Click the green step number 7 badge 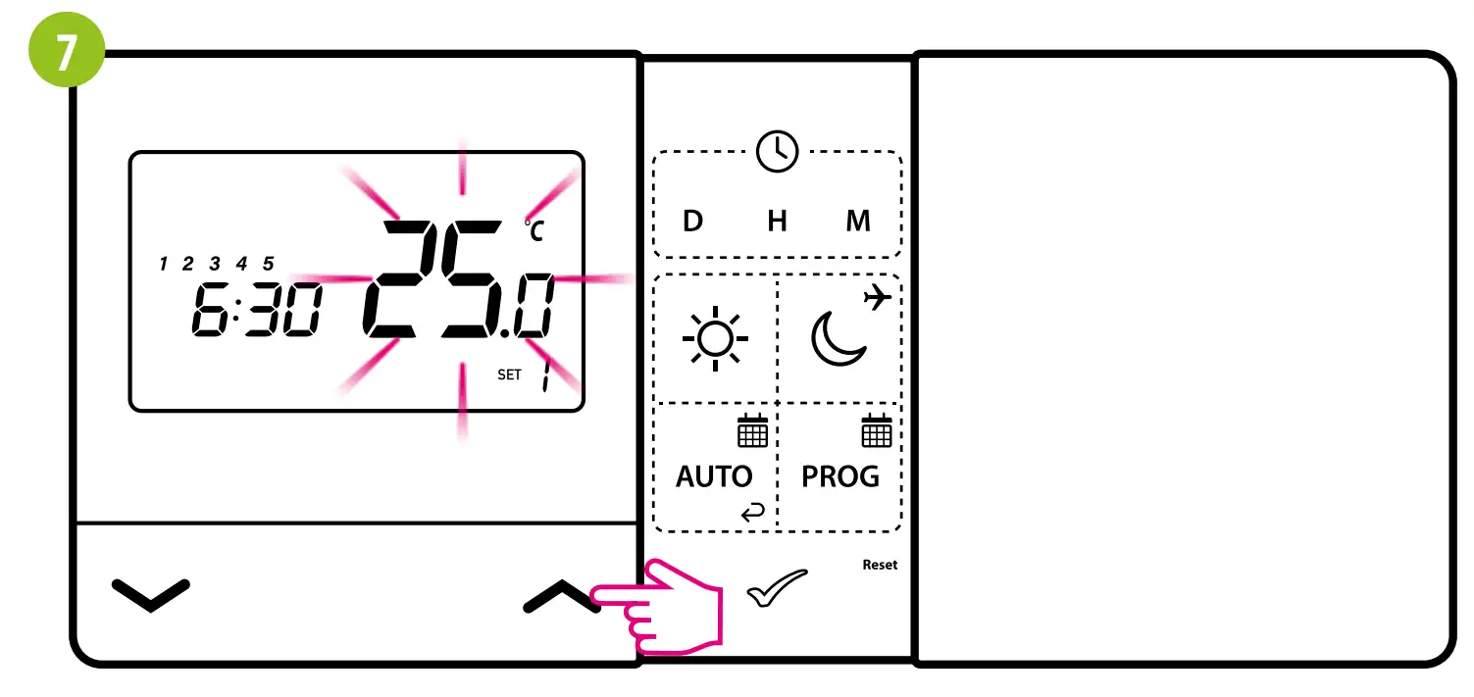(65, 53)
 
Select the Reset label (880, 565)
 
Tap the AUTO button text (714, 477)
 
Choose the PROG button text (840, 477)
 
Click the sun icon (715, 338)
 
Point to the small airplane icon (877, 297)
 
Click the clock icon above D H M (777, 152)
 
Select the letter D (692, 222)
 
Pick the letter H (777, 222)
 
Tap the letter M (858, 222)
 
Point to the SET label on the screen (509, 374)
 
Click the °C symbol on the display (534, 231)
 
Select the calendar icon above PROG (876, 430)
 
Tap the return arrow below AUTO (753, 512)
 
